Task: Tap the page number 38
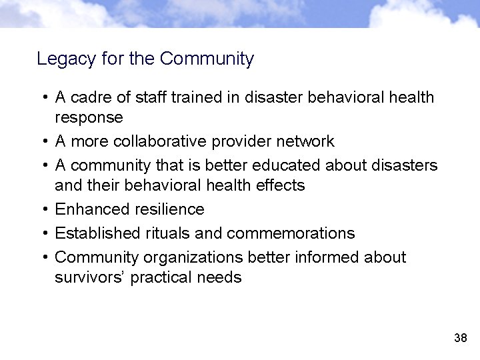[x=460, y=338]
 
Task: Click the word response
[x=89, y=118]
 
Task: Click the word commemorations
[x=291, y=233]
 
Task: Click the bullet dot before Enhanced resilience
[x=43, y=209]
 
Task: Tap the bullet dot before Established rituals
[x=43, y=233]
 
